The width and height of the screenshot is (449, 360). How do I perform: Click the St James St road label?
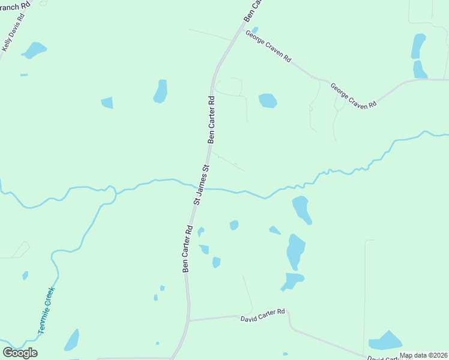[201, 185]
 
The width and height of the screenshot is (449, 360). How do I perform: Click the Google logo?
[20, 352]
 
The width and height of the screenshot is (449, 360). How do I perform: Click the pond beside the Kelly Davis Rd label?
[35, 50]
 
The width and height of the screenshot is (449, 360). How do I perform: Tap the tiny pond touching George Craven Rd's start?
[255, 30]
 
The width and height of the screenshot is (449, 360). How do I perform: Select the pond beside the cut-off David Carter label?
[385, 341]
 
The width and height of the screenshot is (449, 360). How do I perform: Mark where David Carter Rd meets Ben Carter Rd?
[189, 320]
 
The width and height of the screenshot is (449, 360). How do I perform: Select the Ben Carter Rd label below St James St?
[187, 249]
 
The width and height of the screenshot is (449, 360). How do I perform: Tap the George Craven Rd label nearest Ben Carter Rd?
[268, 47]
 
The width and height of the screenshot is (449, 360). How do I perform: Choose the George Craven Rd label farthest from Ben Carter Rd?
[354, 95]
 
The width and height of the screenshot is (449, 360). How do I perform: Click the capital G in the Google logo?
[8, 352]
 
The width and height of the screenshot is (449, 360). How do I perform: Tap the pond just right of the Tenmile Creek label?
[71, 340]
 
